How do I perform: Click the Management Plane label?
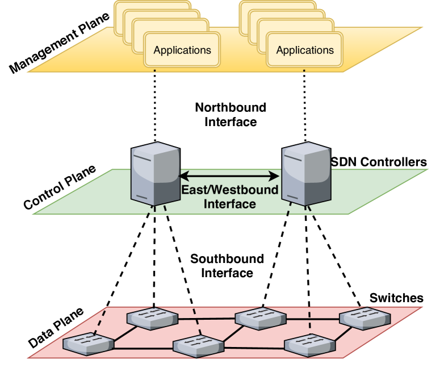pos(59,43)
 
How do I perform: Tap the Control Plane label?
pos(60,187)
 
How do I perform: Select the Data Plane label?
pos(56,328)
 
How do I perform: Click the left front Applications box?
pos(182,50)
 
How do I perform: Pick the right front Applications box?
pos(304,50)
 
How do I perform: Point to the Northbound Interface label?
pos(231,115)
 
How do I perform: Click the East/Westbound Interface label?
pos(230,197)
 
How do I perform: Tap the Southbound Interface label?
pos(227,266)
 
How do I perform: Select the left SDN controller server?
pos(156,173)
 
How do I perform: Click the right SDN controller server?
pos(306,173)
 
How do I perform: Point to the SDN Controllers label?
pos(379,162)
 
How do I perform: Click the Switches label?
pos(396,298)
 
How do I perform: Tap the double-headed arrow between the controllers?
pos(230,176)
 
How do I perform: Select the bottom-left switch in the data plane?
pos(88,344)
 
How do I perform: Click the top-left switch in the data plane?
pos(152,319)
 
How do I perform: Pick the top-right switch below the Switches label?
pos(365,319)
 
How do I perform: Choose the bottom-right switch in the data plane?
pos(310,345)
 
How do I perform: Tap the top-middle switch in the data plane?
pos(261,319)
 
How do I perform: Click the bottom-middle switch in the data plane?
pos(199,346)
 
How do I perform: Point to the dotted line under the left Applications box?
pos(155,105)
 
